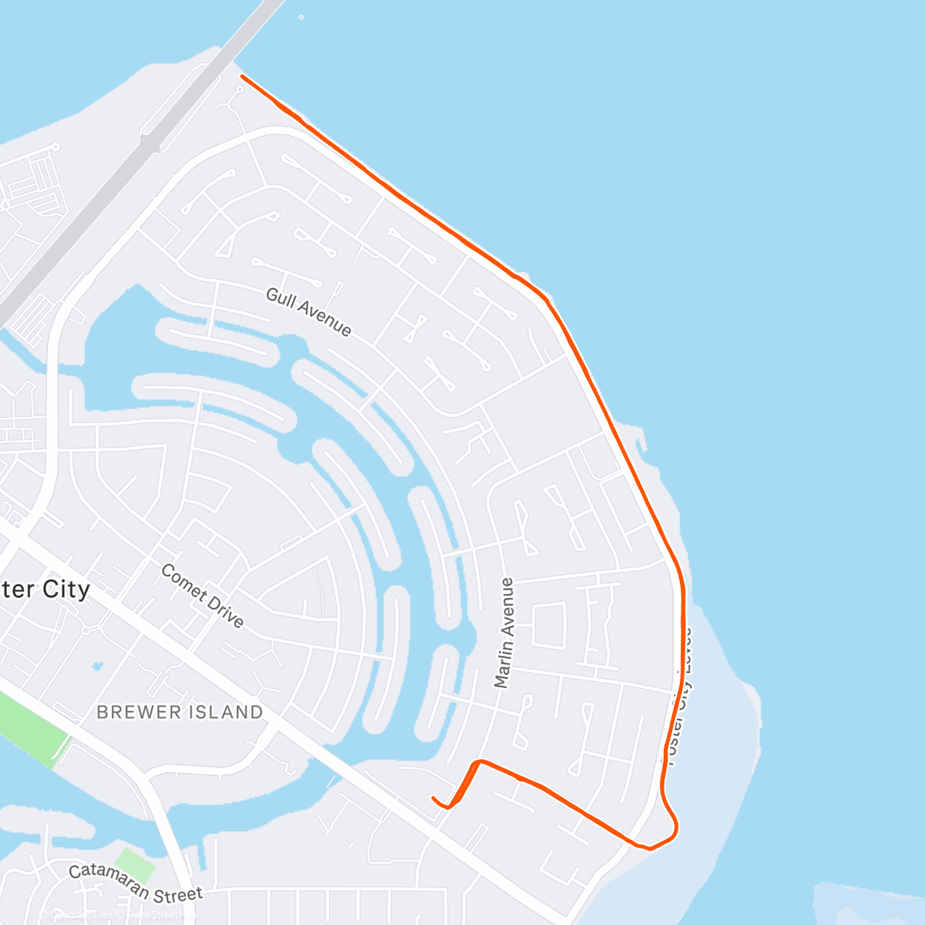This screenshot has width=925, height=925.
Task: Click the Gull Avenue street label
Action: [308, 312]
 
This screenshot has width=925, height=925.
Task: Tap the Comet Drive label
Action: [203, 596]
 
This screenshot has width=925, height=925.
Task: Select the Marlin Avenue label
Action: [504, 633]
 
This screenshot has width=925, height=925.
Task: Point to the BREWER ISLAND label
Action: [180, 712]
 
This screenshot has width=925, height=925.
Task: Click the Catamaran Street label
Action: [136, 883]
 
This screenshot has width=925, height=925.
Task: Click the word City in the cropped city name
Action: [62, 590]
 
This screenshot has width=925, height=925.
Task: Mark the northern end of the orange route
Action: [243, 76]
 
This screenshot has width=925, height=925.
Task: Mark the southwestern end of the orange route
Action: [434, 798]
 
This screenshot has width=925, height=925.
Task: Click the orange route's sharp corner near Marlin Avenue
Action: [479, 762]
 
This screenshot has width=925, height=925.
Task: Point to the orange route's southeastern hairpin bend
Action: [674, 829]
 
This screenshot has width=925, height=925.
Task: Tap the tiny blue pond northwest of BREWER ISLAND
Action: [96, 664]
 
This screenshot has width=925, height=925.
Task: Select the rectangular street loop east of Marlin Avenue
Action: [549, 625]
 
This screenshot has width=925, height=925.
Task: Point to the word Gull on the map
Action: [281, 298]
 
